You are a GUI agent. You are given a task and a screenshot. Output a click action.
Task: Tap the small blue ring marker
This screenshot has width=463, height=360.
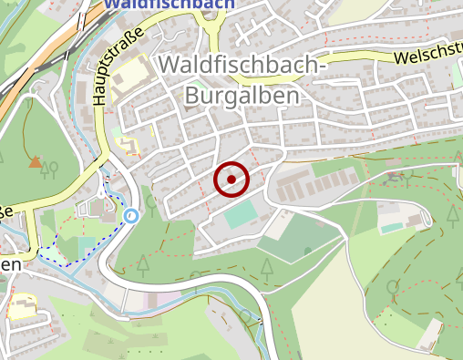[x=131, y=216]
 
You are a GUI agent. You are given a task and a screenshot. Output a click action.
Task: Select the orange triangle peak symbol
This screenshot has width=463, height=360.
[x=35, y=162]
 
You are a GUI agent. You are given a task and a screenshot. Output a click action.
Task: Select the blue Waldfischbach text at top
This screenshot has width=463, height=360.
[x=169, y=4]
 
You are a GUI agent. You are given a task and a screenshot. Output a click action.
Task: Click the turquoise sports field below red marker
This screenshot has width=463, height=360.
[x=242, y=216]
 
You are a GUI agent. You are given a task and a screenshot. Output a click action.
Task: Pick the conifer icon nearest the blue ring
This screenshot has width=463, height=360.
[x=142, y=265]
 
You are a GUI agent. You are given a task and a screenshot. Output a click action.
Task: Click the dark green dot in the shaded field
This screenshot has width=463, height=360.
[x=307, y=250]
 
